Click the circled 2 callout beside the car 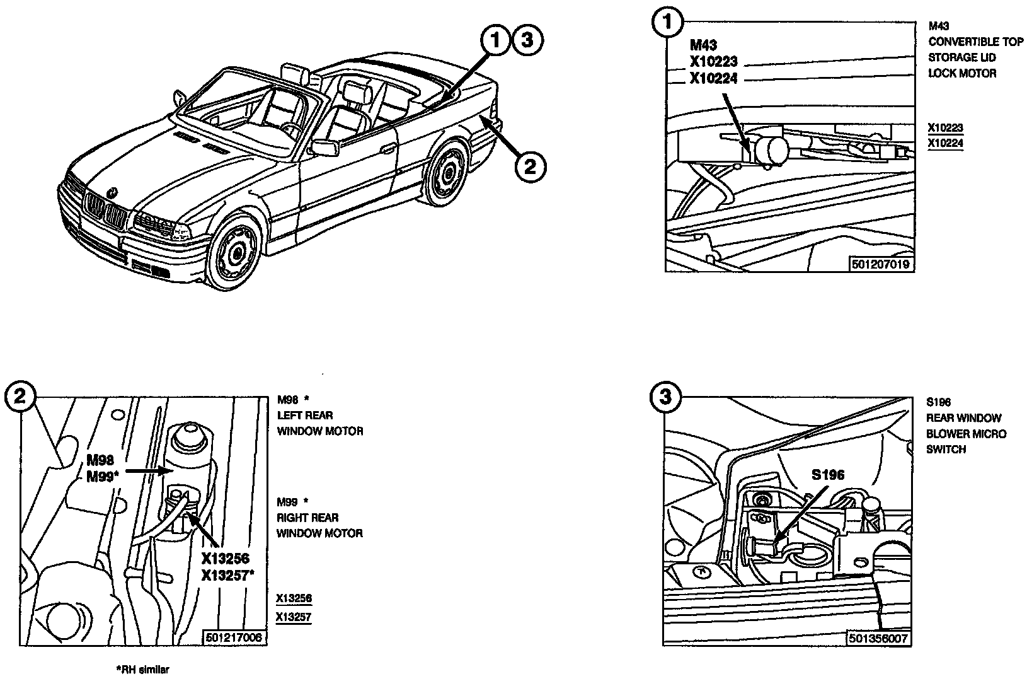pyautogui.click(x=530, y=166)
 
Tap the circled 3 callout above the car pyautogui.click(x=527, y=40)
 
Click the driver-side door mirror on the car pyautogui.click(x=324, y=148)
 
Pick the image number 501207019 pyautogui.click(x=880, y=264)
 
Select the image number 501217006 pyautogui.click(x=234, y=638)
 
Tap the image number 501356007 pyautogui.click(x=878, y=639)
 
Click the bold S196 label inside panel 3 pyautogui.click(x=827, y=475)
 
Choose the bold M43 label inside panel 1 pyautogui.click(x=703, y=45)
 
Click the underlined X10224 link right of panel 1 pyautogui.click(x=945, y=144)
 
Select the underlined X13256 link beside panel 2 pyautogui.click(x=294, y=599)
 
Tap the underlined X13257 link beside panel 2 pyautogui.click(x=294, y=618)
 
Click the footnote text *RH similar pyautogui.click(x=142, y=670)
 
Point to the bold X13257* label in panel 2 pyautogui.click(x=228, y=575)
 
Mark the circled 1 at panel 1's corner pyautogui.click(x=668, y=21)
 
